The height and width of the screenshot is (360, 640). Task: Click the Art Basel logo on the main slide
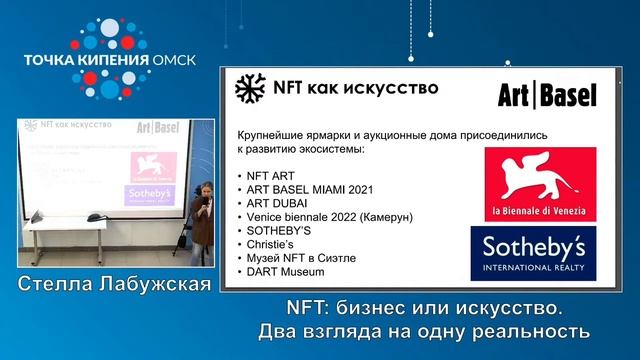(547, 95)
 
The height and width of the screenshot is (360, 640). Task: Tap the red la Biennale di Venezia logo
(539, 183)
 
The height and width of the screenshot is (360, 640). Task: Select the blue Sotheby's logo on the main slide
(539, 252)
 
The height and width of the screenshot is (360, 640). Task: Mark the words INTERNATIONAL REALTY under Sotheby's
(539, 267)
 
